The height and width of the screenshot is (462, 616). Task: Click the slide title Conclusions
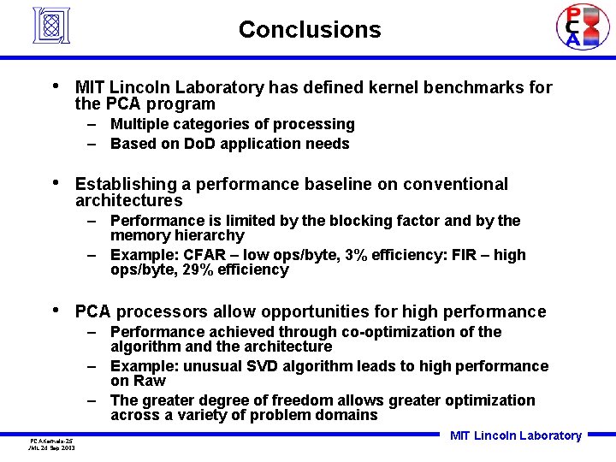coord(310,30)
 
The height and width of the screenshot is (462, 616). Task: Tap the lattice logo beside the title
coord(50,26)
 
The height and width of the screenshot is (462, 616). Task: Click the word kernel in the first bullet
coord(393,87)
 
